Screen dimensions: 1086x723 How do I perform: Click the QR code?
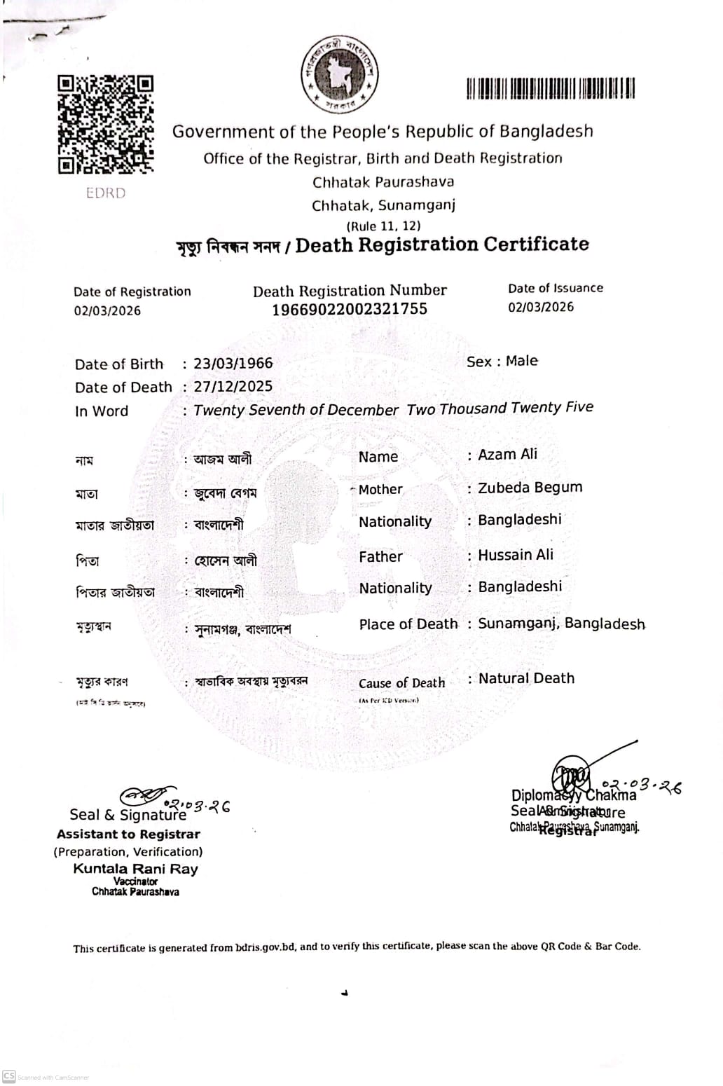point(105,124)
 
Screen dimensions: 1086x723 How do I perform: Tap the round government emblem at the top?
point(340,74)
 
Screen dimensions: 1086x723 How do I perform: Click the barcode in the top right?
point(551,89)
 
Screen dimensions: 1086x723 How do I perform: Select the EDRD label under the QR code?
point(106,193)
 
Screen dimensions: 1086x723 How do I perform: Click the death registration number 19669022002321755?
point(350,309)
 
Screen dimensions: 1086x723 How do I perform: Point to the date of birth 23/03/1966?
point(233,364)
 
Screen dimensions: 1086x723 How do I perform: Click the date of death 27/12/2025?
point(233,386)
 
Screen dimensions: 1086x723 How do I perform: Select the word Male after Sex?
point(522,361)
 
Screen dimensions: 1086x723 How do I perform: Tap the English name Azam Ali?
point(507,454)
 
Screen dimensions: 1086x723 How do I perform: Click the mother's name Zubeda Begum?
point(530,487)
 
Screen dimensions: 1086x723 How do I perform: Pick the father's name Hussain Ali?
point(516,554)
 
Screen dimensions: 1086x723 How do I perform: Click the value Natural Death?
point(526,678)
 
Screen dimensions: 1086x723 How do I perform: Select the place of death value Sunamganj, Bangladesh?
point(561,624)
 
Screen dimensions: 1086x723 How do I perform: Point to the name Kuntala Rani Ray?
point(135,869)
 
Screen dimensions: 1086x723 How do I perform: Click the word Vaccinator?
point(135,881)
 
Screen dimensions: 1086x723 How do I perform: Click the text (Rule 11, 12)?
point(383,226)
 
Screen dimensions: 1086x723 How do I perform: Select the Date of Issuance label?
point(556,288)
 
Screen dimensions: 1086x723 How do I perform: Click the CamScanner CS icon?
point(8,1076)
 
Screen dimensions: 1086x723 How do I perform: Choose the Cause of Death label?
point(401,683)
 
